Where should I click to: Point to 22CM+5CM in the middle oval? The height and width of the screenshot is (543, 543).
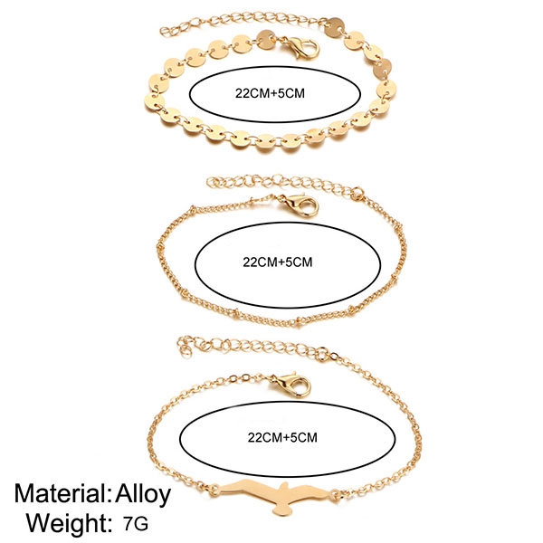click(x=278, y=263)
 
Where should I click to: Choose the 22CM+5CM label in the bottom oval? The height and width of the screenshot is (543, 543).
click(x=282, y=436)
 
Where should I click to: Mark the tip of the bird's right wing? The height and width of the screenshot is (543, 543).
click(x=334, y=492)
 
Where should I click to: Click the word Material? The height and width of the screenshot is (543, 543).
click(x=61, y=494)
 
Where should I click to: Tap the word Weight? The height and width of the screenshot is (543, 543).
click(x=64, y=523)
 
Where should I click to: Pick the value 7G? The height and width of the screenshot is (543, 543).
click(x=138, y=523)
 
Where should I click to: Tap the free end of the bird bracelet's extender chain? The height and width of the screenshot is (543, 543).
click(x=186, y=345)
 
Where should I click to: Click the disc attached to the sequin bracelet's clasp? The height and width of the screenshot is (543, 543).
click(x=265, y=38)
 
